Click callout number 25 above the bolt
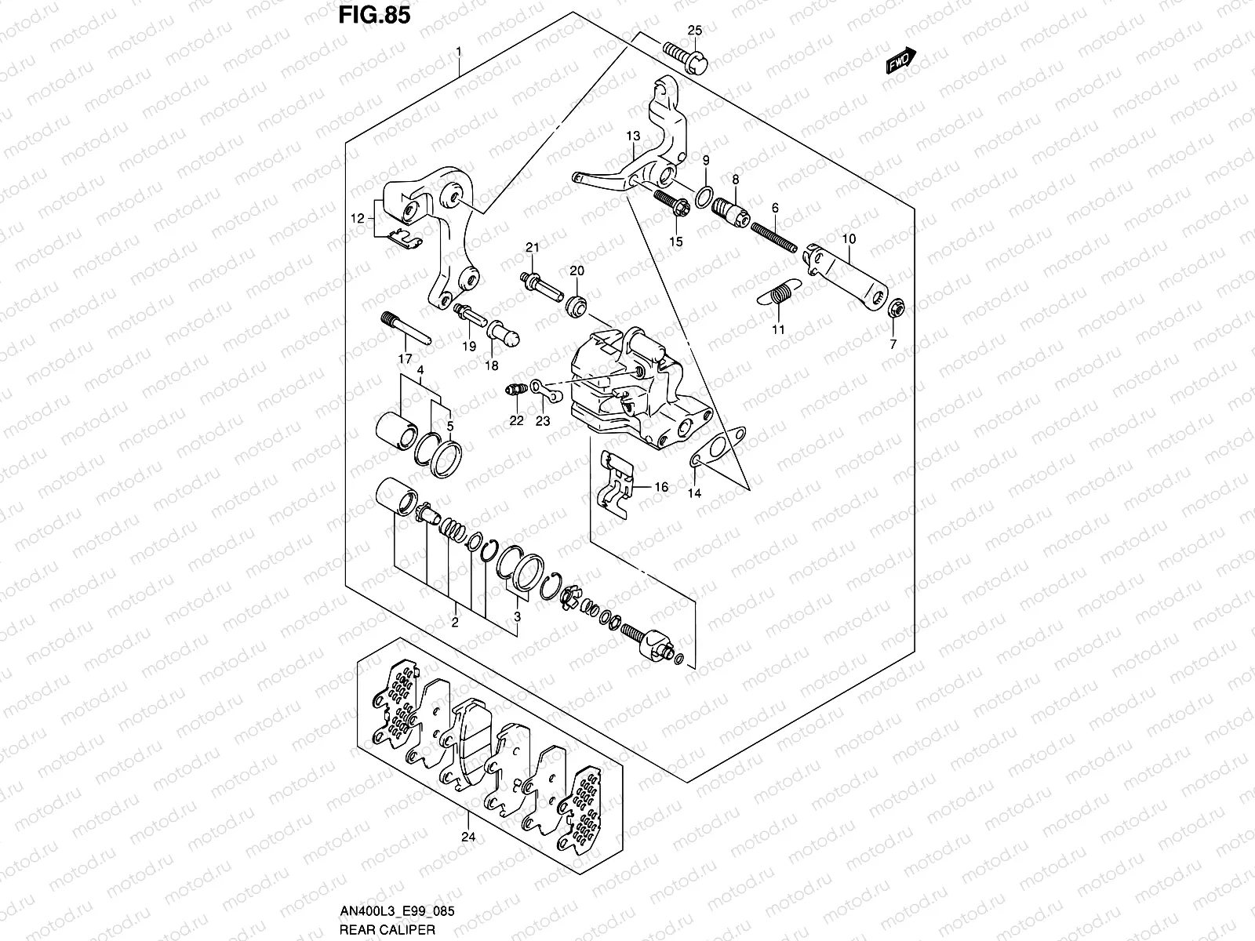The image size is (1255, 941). click(x=695, y=31)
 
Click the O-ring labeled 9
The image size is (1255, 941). click(x=705, y=194)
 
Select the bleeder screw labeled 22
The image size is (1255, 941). click(x=515, y=388)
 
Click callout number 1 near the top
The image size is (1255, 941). click(x=460, y=52)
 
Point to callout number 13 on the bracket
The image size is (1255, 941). click(x=634, y=136)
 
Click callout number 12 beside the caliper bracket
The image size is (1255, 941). click(x=358, y=219)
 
